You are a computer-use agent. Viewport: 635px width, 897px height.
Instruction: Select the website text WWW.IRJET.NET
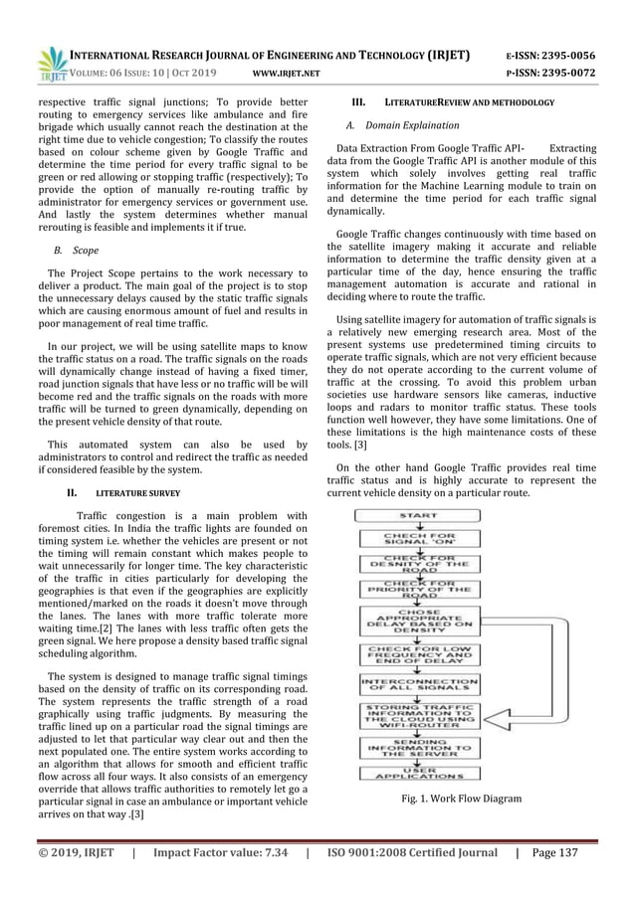[288, 73]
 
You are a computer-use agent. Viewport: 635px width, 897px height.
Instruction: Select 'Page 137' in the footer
[585, 852]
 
